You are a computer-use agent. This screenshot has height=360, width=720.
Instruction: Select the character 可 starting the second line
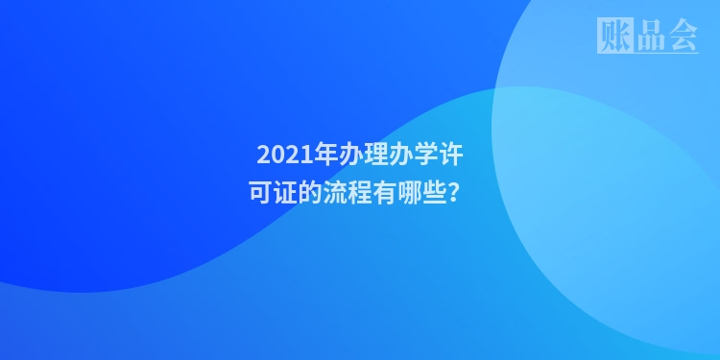pyautogui.click(x=260, y=192)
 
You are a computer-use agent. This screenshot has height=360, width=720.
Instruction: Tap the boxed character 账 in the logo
pyautogui.click(x=614, y=36)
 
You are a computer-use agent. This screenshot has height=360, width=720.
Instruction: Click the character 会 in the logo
pyautogui.click(x=682, y=36)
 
